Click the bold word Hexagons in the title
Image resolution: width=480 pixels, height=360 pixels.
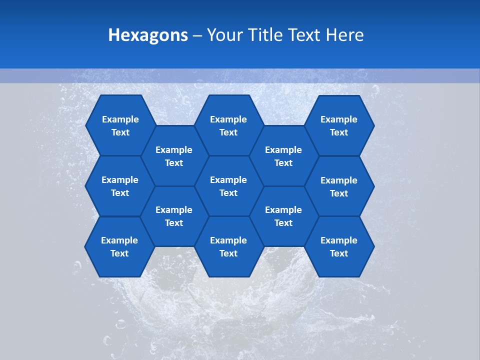pyautogui.click(x=148, y=35)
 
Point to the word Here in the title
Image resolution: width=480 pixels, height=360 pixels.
pyautogui.click(x=344, y=35)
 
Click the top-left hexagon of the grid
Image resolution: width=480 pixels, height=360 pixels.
pyautogui.click(x=120, y=125)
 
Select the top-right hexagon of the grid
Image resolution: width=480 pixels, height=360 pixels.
pyautogui.click(x=339, y=125)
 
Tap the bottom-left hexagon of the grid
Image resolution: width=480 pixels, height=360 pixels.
pyautogui.click(x=119, y=246)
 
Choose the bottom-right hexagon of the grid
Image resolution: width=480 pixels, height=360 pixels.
pyautogui.click(x=339, y=246)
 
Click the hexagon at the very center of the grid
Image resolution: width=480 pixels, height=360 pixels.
pyautogui.click(x=228, y=186)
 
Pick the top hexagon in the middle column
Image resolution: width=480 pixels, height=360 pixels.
pyautogui.click(x=228, y=125)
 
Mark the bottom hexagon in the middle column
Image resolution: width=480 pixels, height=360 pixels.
pyautogui.click(x=228, y=246)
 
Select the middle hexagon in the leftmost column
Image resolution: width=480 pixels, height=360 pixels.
pyautogui.click(x=120, y=186)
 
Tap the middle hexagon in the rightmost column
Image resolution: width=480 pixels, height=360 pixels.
pyautogui.click(x=339, y=186)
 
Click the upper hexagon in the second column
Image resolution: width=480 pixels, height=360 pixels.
pyautogui.click(x=174, y=156)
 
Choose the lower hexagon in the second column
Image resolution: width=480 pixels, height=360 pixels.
pyautogui.click(x=174, y=216)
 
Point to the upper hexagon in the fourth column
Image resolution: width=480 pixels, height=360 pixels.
pyautogui.click(x=283, y=156)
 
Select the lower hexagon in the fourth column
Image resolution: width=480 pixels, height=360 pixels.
pyautogui.click(x=283, y=216)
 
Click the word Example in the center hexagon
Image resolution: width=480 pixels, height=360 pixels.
pyautogui.click(x=228, y=180)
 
